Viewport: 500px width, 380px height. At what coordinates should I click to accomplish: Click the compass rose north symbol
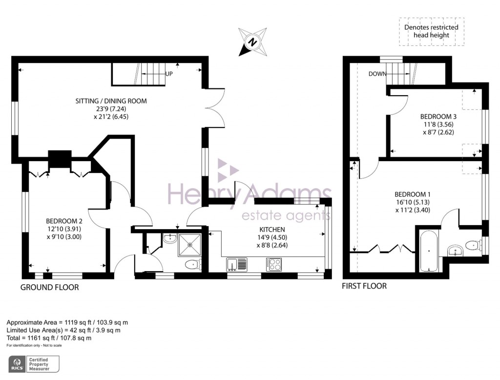253,42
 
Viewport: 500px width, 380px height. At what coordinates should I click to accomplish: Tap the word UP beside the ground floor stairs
169,74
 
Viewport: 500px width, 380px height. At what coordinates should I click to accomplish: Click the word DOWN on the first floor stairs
377,74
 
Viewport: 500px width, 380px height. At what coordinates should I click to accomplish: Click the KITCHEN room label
272,229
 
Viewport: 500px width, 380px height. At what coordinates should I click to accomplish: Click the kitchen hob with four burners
274,264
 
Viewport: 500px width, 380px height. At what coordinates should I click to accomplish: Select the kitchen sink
237,264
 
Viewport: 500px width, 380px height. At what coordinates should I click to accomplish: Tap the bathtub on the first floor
428,252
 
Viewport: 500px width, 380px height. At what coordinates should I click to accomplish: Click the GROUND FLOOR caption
49,288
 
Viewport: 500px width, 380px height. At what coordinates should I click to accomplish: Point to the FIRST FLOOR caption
364,286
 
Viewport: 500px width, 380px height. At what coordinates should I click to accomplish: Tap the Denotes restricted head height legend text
431,31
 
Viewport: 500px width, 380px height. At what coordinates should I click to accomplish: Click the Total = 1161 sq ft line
49,338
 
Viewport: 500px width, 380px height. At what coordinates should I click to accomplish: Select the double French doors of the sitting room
217,108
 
